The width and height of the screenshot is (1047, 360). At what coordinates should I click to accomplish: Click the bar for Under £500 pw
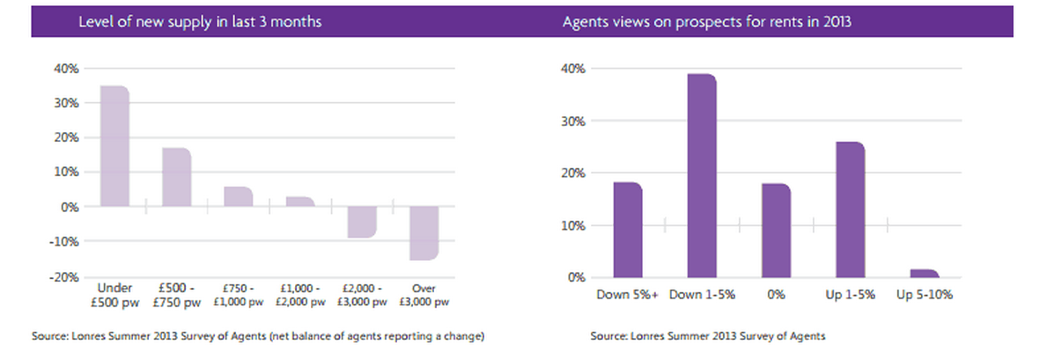tap(115, 146)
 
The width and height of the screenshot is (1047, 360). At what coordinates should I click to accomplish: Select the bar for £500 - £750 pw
tap(177, 177)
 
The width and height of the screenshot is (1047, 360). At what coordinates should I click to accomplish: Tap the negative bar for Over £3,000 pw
tap(424, 233)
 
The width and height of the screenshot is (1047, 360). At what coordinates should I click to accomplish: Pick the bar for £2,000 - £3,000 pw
tap(362, 222)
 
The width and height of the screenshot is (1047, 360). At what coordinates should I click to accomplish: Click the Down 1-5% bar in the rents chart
tap(702, 176)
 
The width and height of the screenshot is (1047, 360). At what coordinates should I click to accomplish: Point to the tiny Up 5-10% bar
tap(925, 274)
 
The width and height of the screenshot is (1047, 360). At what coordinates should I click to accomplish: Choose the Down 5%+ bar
tap(628, 230)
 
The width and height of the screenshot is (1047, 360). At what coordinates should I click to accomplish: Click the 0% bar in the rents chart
tap(776, 231)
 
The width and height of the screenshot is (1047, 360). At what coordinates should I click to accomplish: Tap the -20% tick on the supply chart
tap(66, 277)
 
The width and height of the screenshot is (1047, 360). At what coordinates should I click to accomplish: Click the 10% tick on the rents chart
tap(574, 225)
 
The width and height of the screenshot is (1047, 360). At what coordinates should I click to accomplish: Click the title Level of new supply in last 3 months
tap(200, 21)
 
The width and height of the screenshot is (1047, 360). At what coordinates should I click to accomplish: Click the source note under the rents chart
tap(708, 336)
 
